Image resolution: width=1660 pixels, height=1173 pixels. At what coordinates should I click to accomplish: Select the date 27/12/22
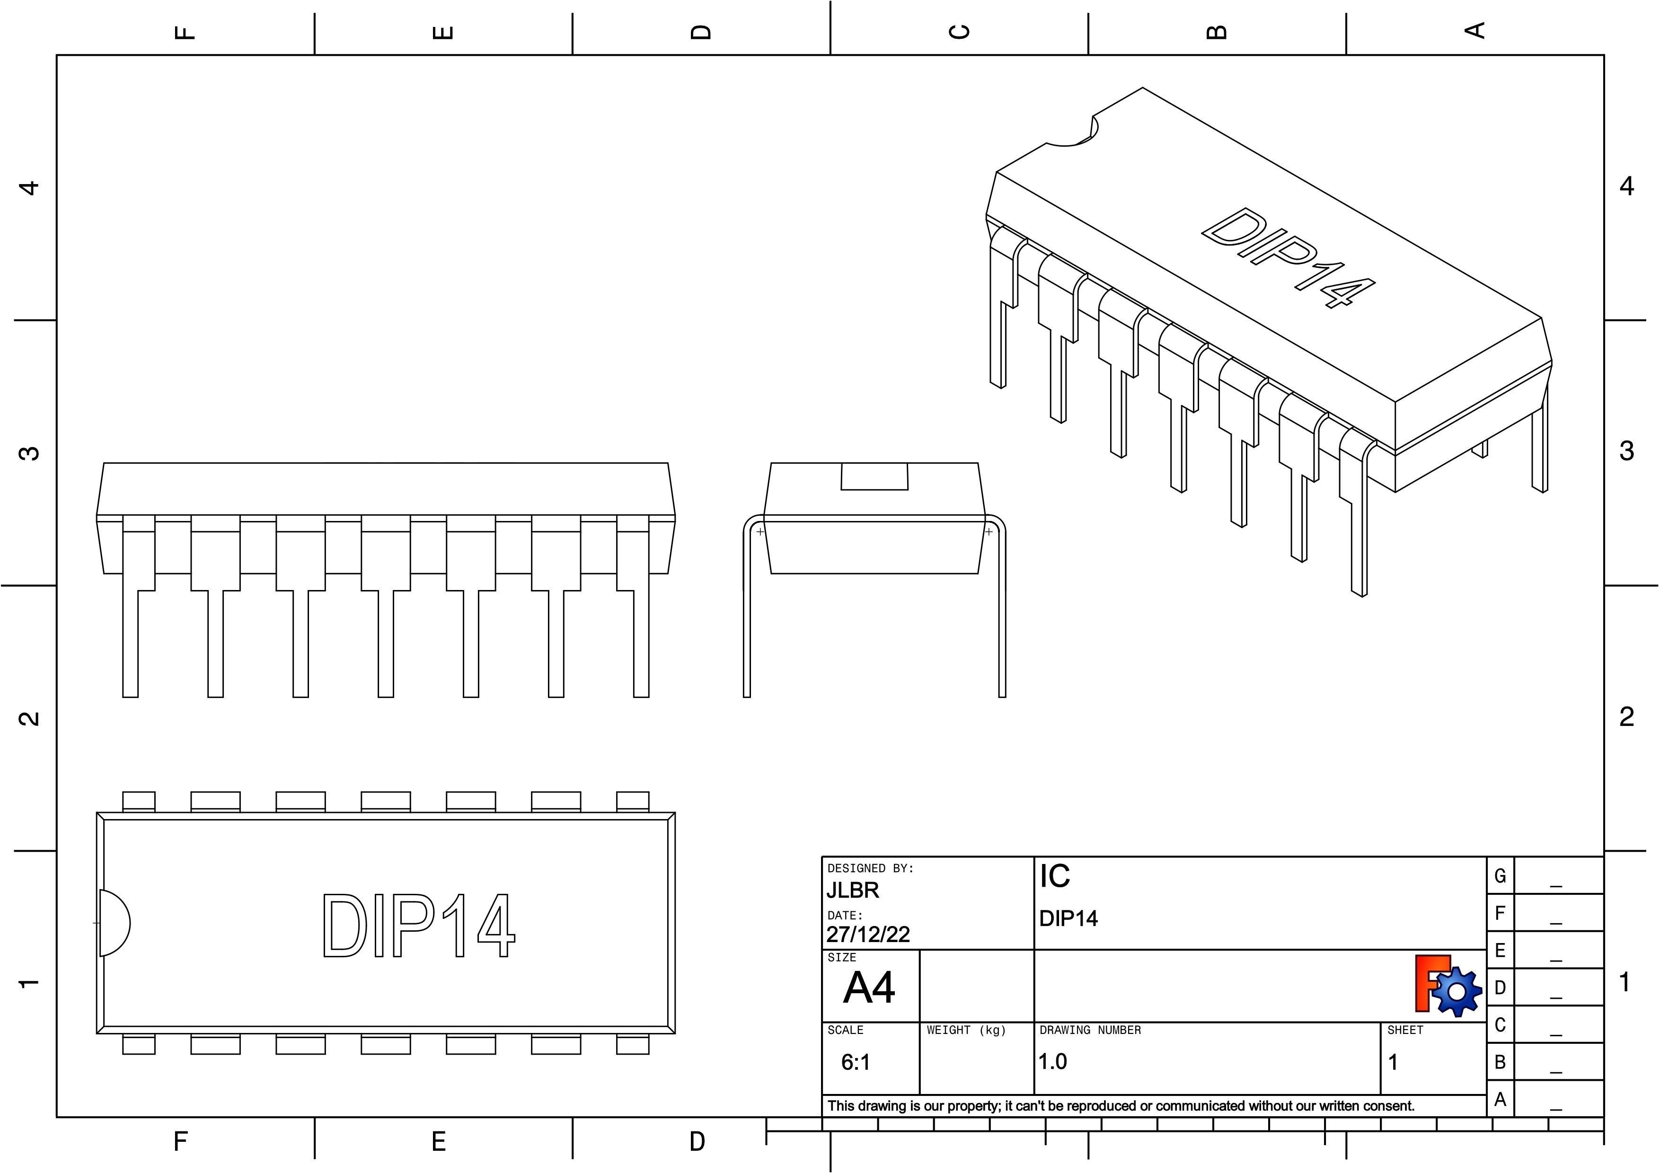pos(867,935)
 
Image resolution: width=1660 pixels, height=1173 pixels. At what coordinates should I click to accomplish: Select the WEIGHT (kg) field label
pos(966,1030)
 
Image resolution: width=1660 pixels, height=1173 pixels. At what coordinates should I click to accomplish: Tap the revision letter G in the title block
pos(1500,876)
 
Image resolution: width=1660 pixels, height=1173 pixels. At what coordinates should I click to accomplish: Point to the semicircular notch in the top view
pos(114,923)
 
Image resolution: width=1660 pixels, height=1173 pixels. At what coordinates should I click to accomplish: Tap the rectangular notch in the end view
pos(874,476)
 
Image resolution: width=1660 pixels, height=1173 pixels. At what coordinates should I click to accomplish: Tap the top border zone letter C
pos(959,32)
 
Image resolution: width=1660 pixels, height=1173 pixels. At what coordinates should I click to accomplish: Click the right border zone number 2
pos(1626,717)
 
